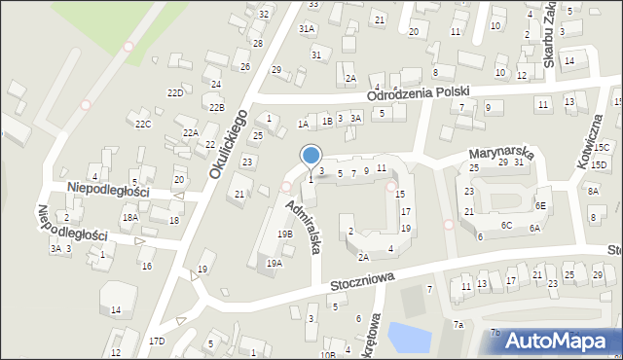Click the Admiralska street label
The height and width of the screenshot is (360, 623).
click(303, 227)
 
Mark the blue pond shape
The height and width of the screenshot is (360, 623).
click(410, 337)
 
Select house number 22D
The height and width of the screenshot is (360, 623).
click(175, 92)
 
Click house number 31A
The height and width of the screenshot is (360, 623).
click(307, 29)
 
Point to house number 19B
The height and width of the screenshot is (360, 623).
click(284, 234)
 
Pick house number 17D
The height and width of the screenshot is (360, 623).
click(157, 341)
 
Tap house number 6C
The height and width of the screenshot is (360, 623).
click(506, 225)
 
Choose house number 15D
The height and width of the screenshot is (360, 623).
click(599, 164)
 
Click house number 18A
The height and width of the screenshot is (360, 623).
click(129, 218)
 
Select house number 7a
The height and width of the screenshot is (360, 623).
click(458, 324)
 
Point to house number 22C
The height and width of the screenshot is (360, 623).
click(143, 124)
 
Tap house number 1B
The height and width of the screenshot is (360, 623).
click(328, 121)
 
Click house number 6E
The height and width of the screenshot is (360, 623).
click(540, 205)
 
